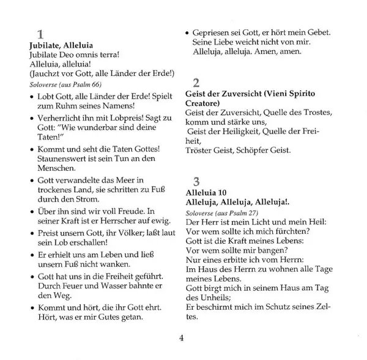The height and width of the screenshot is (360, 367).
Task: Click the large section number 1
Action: (40, 34)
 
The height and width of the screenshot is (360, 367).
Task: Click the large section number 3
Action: (196, 181)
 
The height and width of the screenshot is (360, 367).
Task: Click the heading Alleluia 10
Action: (208, 192)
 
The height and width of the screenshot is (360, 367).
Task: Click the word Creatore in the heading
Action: (204, 104)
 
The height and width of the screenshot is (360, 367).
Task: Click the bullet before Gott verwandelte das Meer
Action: (32, 179)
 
